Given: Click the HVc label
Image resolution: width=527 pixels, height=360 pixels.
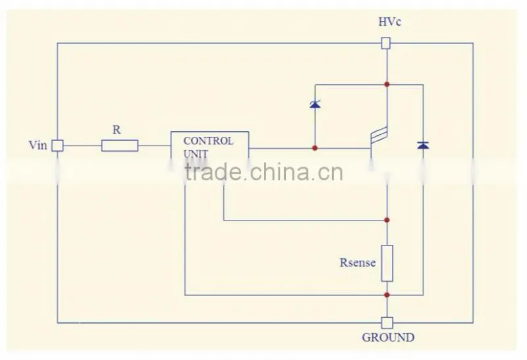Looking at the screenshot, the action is (x=389, y=22).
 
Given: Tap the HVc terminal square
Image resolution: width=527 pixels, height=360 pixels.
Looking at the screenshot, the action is (x=386, y=43).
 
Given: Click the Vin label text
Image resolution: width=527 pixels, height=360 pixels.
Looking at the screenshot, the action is (x=38, y=145).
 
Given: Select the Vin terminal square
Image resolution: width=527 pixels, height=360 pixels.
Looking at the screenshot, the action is (x=57, y=145).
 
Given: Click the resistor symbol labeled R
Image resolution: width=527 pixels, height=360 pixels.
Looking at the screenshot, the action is (x=120, y=145).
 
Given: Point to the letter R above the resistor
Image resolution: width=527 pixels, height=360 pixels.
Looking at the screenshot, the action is (x=117, y=130).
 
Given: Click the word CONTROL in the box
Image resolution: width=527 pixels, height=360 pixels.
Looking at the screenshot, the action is (x=208, y=141).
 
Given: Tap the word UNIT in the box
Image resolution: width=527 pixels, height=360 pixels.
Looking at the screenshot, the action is (x=196, y=154).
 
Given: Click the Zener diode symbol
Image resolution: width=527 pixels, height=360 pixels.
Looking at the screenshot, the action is (x=315, y=104).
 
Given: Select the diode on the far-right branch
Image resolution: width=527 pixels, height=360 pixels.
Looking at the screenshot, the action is (x=423, y=145).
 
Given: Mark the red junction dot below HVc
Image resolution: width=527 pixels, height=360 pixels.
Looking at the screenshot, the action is (x=387, y=84).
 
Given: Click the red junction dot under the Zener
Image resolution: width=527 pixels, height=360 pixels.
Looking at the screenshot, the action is (x=315, y=148).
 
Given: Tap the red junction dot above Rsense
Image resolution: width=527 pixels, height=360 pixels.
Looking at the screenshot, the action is (x=387, y=220).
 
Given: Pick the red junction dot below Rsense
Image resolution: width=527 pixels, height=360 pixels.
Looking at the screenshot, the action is (x=387, y=295).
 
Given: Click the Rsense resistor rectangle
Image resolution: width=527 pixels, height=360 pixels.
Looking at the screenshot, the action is (x=387, y=263).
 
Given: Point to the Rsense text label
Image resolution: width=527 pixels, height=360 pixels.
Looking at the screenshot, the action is (x=358, y=263).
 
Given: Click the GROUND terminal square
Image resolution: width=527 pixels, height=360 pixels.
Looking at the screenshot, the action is (x=387, y=322).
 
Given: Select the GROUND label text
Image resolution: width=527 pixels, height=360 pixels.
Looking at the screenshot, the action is (x=388, y=337).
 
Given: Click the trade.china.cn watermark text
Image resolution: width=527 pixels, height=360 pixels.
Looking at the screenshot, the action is (x=264, y=172).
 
